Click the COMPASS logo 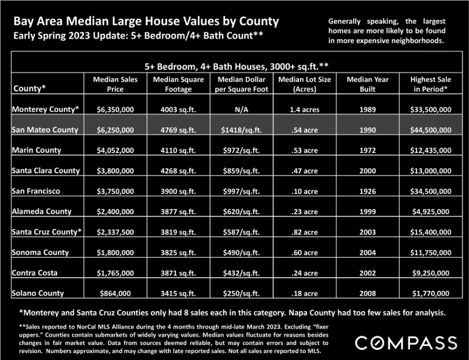point(406,343)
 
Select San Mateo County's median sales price point(115,130)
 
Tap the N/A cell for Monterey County point(241,110)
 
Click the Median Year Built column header point(368,84)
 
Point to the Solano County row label point(37,293)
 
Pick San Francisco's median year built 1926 point(368,191)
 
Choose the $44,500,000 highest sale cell point(431,130)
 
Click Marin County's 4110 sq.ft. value point(178,150)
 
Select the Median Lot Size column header point(305,84)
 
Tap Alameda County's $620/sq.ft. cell point(241,212)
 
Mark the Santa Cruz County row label point(46,232)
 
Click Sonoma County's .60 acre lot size point(305,252)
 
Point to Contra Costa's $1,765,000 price point(115,273)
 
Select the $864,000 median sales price point(115,293)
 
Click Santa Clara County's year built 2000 point(368,171)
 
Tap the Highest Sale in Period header point(431,84)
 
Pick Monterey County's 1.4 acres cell point(305,110)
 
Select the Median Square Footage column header point(178,84)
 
